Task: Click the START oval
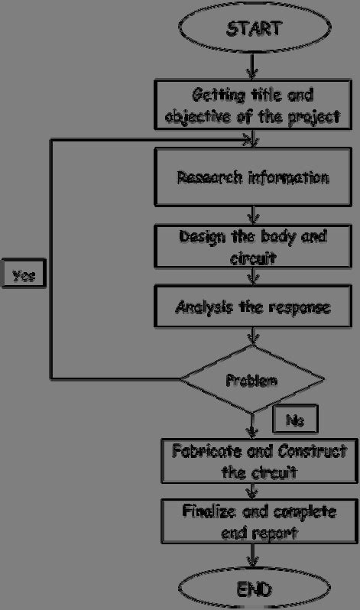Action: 252,30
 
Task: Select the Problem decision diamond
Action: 252,378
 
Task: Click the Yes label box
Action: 23,274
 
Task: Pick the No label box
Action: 294,419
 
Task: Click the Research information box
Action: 252,177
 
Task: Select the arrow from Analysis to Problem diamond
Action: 252,339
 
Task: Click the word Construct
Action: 310,450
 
